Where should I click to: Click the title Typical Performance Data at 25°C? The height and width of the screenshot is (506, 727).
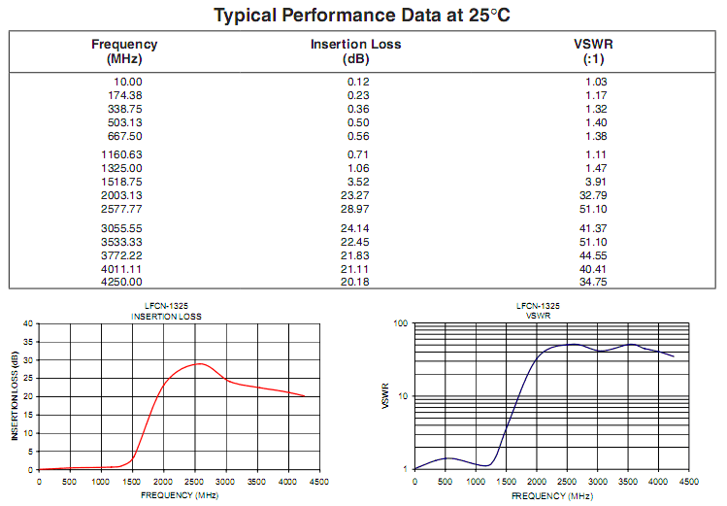click(x=363, y=16)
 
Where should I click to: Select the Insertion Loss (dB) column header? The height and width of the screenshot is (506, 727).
click(x=355, y=51)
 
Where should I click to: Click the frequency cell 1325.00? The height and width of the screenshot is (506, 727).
click(x=121, y=168)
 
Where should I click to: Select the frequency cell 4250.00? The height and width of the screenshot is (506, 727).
click(x=121, y=282)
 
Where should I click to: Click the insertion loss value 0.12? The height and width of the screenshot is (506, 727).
click(x=359, y=82)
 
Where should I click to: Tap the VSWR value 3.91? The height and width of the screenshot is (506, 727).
click(x=595, y=182)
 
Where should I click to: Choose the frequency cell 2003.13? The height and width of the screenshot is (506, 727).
click(x=121, y=195)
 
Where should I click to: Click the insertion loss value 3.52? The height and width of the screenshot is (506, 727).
click(x=359, y=182)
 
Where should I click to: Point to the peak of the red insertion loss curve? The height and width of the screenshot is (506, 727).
click(x=199, y=363)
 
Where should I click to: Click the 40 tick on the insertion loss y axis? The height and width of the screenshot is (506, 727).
click(x=29, y=323)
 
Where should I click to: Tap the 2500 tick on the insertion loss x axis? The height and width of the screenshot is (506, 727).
click(x=195, y=481)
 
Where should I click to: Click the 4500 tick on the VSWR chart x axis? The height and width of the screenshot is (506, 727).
click(x=689, y=481)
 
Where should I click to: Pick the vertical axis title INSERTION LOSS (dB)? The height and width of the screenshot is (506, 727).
click(x=15, y=395)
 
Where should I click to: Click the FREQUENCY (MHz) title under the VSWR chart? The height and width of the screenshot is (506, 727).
click(x=551, y=495)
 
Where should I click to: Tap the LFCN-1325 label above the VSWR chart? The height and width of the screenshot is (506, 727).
click(x=538, y=306)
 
